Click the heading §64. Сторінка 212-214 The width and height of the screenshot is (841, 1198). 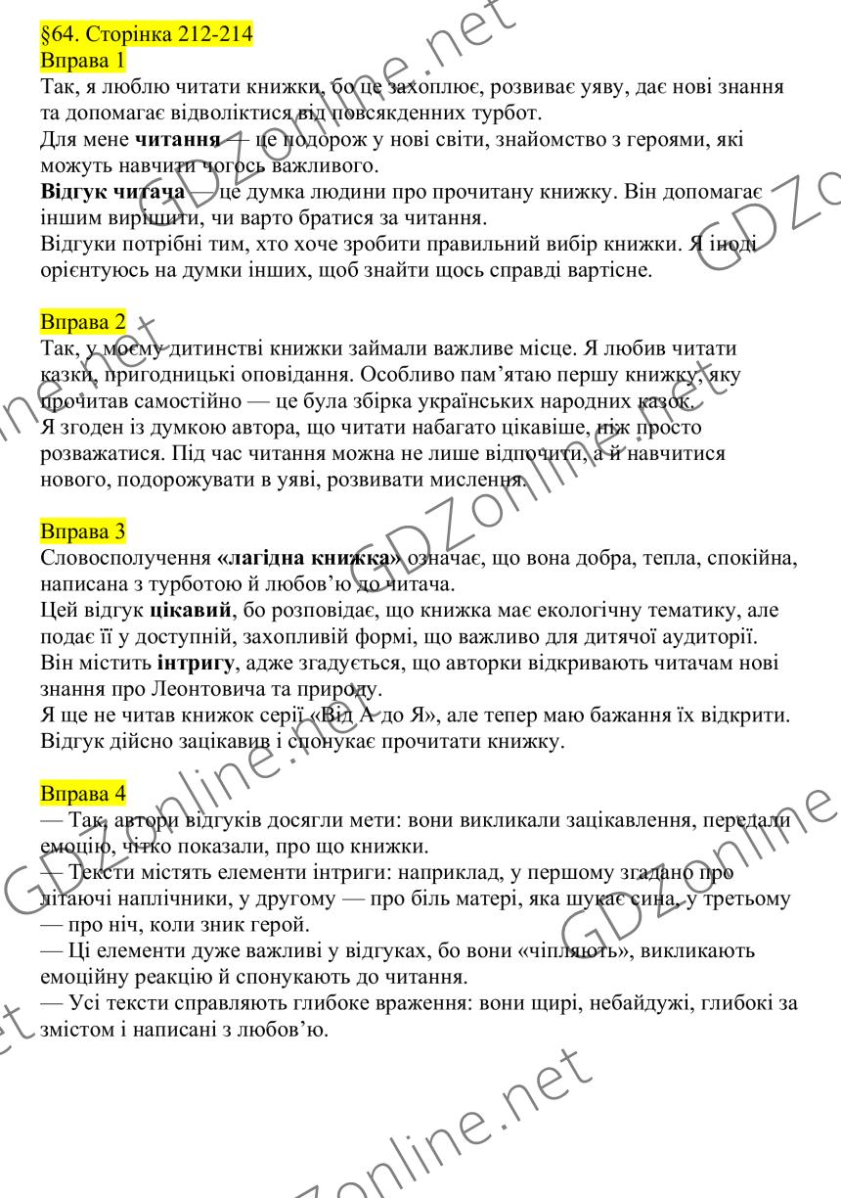point(147,35)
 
